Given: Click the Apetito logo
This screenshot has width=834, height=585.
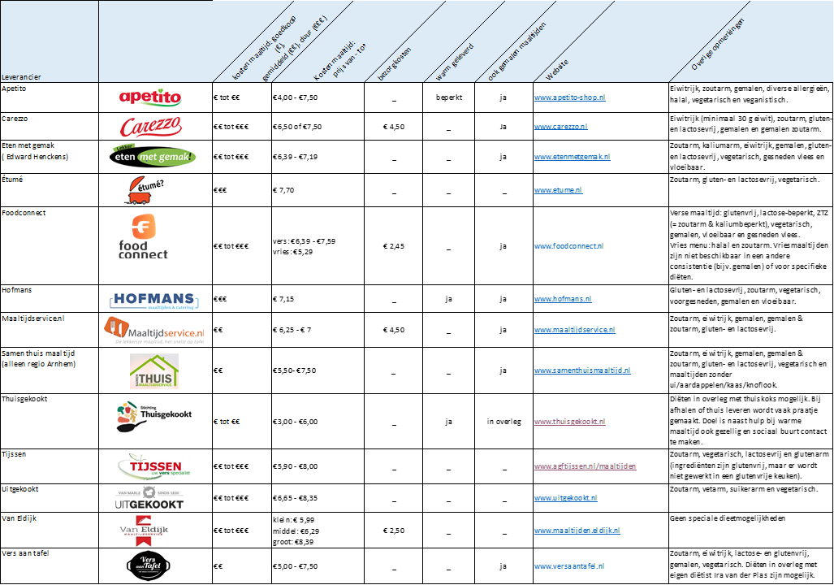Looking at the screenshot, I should pyautogui.click(x=151, y=97).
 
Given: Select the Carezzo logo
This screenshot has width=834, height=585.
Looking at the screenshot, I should pyautogui.click(x=151, y=127).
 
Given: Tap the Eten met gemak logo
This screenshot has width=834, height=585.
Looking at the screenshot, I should pyautogui.click(x=153, y=156).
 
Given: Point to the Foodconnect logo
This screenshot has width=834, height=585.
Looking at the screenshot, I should pyautogui.click(x=143, y=236).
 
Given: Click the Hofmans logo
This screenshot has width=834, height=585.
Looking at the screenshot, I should pyautogui.click(x=157, y=301).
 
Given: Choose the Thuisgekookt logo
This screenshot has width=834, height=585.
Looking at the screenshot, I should pyautogui.click(x=154, y=416).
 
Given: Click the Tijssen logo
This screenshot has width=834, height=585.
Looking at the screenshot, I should pyautogui.click(x=153, y=466).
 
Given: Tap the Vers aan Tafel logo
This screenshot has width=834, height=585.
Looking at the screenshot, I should pyautogui.click(x=149, y=565).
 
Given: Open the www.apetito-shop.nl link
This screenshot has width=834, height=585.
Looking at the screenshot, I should pyautogui.click(x=569, y=97).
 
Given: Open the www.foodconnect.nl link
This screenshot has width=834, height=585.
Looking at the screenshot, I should pyautogui.click(x=568, y=245).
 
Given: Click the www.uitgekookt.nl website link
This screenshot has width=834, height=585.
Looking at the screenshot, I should pyautogui.click(x=565, y=497).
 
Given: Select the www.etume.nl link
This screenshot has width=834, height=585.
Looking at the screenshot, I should pyautogui.click(x=558, y=190).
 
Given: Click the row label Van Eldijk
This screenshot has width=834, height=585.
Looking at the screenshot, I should pyautogui.click(x=20, y=518).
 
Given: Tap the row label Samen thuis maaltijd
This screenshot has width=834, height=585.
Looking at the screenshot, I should pyautogui.click(x=38, y=353).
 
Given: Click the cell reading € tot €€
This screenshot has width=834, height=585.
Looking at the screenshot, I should pyautogui.click(x=227, y=422).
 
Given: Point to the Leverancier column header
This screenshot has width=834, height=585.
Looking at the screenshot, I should pyautogui.click(x=21, y=76).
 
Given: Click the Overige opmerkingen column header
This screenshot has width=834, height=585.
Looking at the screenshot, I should pyautogui.click(x=718, y=44).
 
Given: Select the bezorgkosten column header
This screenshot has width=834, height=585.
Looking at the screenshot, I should pyautogui.click(x=395, y=63).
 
